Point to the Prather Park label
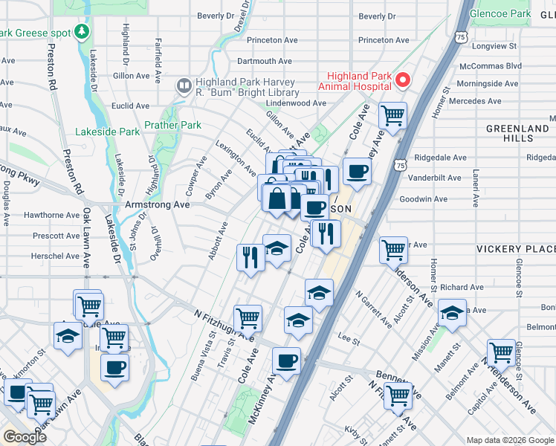pos(172,126)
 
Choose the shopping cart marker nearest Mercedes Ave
pos(392,115)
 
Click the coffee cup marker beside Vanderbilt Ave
pos(356,171)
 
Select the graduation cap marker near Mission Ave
pos(451,312)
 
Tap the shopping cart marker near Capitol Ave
pos(501,352)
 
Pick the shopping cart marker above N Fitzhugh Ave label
pos(248,318)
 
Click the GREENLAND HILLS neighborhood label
pos(517,133)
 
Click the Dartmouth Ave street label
pos(264,61)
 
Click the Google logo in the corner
pos(25,436)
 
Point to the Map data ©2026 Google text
pos(509,440)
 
